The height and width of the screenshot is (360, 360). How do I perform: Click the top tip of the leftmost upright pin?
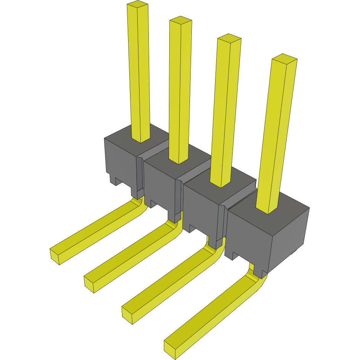(137, 5)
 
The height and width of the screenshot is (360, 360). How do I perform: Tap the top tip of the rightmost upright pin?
(284, 59)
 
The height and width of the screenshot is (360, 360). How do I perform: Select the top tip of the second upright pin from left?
(180, 21)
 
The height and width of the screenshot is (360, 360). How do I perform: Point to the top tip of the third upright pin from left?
(229, 38)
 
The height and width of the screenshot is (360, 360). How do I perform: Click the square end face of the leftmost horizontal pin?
(55, 256)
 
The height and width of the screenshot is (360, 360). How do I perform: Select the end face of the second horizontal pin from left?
(89, 284)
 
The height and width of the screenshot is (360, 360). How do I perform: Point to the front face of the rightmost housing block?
(248, 236)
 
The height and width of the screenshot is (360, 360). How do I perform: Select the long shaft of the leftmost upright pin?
(139, 76)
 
